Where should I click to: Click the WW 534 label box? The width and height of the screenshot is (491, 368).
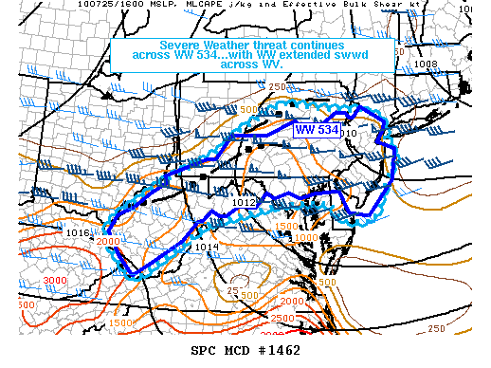pyautogui.click(x=317, y=129)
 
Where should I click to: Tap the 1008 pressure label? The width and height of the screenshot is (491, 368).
pyautogui.click(x=426, y=65)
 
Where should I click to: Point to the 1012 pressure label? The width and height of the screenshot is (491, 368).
pyautogui.click(x=245, y=202)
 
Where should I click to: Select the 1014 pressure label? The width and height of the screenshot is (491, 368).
pyautogui.click(x=208, y=248)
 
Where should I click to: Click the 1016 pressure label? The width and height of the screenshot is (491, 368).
pyautogui.click(x=78, y=232)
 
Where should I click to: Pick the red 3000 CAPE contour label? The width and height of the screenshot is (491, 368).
pyautogui.click(x=55, y=281)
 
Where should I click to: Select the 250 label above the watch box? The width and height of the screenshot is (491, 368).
pyautogui.click(x=277, y=87)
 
